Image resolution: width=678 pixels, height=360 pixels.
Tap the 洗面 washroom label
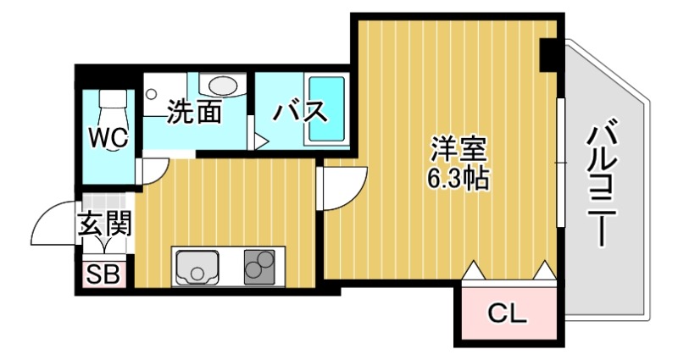(194, 111)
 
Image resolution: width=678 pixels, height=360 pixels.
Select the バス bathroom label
(298, 111)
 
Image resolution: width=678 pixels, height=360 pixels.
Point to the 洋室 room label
(458, 150)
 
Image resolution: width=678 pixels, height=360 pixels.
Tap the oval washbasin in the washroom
(223, 86)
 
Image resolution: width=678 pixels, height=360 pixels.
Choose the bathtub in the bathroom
(326, 111)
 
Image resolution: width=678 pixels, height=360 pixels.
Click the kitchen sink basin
(197, 269)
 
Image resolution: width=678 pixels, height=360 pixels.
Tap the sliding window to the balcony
(559, 162)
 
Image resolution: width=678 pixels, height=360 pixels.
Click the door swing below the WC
(152, 173)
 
